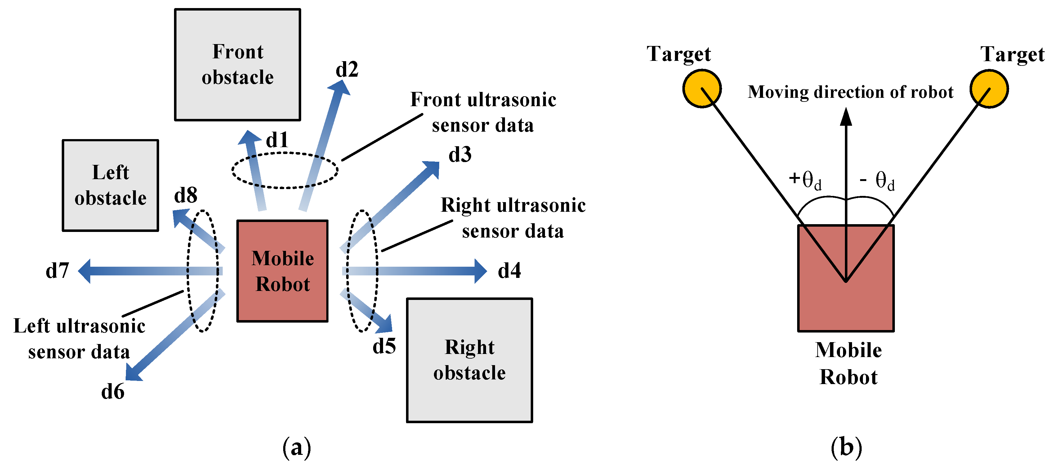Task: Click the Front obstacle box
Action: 237,65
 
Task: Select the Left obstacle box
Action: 110,185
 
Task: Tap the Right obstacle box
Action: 469,360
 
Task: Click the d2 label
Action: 347,70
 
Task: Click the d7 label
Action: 57,271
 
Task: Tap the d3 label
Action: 460,155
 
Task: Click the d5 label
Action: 384,346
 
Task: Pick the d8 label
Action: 186,195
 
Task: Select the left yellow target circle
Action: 702,89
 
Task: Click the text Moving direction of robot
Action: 850,92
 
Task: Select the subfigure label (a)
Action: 297,447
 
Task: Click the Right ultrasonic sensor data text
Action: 513,218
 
